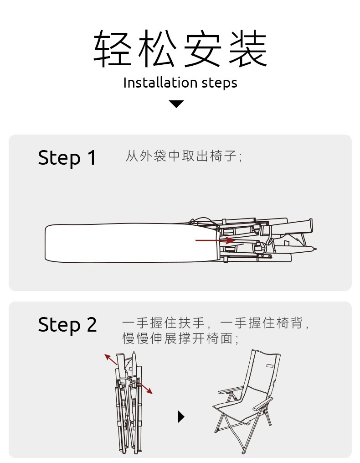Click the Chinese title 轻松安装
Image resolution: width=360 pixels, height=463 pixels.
pos(180,49)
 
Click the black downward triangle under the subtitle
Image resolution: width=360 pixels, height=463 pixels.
pos(176,104)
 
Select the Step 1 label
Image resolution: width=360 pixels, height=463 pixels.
pos(67,158)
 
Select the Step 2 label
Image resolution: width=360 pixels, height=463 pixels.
pos(67,325)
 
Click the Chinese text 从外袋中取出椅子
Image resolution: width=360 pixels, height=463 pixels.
pos(183,156)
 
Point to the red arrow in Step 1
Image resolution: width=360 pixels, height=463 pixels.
pos(214,240)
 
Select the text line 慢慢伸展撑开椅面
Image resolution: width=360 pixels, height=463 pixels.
pos(180,338)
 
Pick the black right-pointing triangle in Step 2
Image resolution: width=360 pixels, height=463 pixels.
pos(180,416)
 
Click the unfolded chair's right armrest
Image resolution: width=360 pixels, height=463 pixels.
pos(264,404)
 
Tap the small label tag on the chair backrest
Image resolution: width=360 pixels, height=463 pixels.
pos(269,366)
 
